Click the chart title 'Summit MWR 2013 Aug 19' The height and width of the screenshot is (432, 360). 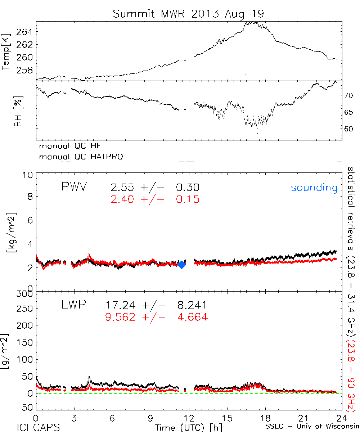click(x=188, y=14)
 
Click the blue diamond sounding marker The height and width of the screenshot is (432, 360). click(x=182, y=264)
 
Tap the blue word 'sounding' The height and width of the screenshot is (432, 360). click(x=314, y=188)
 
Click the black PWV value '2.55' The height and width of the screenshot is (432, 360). click(x=123, y=188)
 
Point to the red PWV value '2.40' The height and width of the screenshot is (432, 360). click(x=123, y=199)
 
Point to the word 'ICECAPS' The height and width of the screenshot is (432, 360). click(x=38, y=427)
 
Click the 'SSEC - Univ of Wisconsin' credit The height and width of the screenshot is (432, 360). click(x=312, y=427)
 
